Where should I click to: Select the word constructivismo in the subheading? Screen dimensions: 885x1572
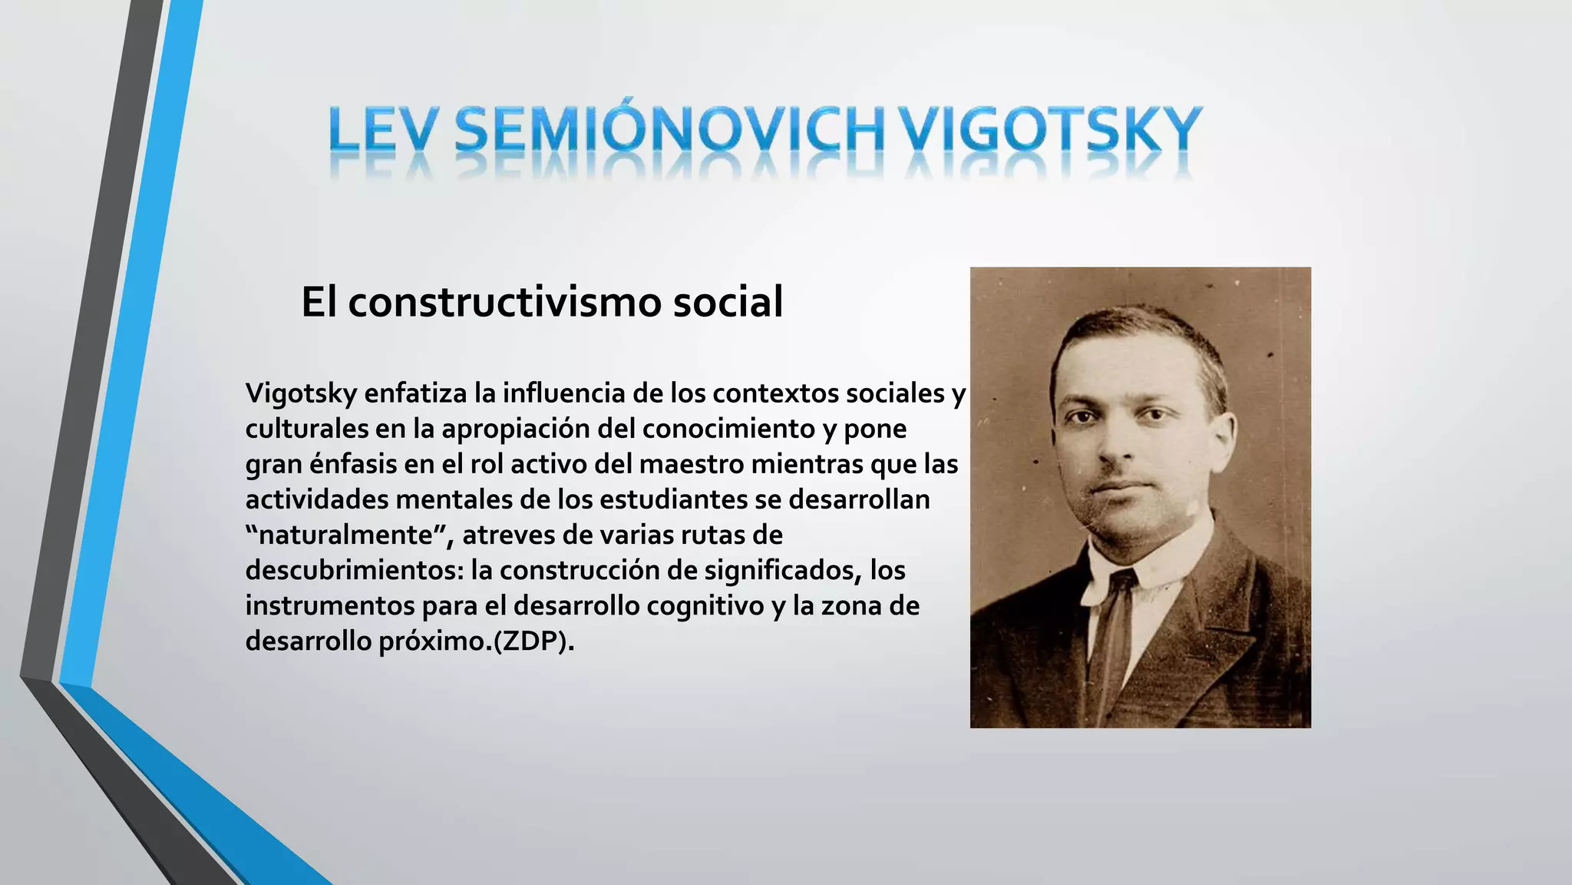[505, 301]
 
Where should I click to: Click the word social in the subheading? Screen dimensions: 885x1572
[728, 301]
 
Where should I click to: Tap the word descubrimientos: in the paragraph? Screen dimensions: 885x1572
[354, 570]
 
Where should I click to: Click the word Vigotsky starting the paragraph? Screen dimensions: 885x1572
[302, 393]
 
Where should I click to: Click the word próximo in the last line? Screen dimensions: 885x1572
[435, 641]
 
